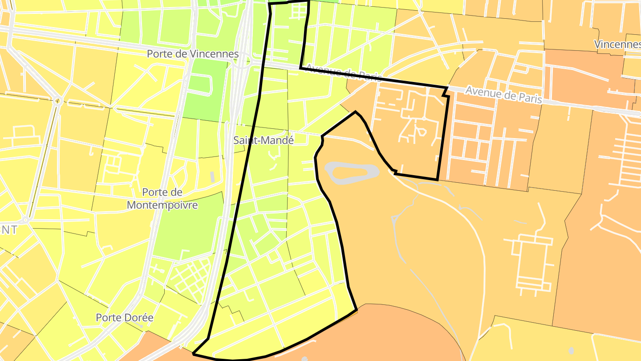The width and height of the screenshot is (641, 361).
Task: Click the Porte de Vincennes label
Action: click(x=193, y=54)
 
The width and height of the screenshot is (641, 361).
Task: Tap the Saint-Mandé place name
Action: click(x=264, y=140)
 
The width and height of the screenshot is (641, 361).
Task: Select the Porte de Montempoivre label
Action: click(x=162, y=198)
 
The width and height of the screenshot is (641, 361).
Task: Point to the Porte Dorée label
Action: click(x=125, y=318)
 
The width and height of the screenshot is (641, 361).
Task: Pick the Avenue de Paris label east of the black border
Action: click(x=504, y=95)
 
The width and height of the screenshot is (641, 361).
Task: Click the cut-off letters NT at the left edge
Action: click(x=9, y=230)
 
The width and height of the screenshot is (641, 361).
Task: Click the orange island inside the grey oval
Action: click(x=352, y=171)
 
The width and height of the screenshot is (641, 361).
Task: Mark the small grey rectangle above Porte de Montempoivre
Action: click(x=212, y=176)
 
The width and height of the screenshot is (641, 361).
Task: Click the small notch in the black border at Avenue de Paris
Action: click(x=445, y=92)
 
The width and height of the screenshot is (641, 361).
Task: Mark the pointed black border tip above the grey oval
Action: click(x=355, y=112)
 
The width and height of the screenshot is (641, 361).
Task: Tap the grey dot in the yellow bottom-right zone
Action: click(x=571, y=350)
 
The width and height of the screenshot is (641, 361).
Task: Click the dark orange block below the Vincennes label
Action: click(x=588, y=71)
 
